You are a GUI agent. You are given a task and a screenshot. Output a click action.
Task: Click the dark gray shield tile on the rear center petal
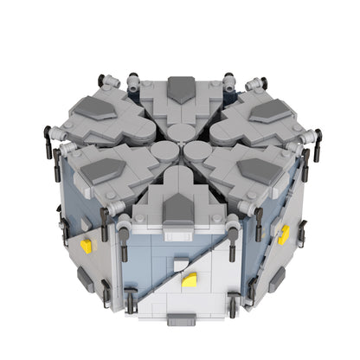(x=180, y=87)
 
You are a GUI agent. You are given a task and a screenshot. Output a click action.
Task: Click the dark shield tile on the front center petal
(x=180, y=206)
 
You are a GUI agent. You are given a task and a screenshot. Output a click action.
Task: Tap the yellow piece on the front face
(x=190, y=280)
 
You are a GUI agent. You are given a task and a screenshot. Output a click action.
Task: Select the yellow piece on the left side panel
(x=86, y=247)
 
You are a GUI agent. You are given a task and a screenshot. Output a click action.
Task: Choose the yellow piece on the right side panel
(x=284, y=235)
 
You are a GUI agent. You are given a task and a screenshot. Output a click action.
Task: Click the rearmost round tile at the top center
(x=180, y=132)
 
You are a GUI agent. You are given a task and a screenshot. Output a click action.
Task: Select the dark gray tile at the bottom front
(x=183, y=318)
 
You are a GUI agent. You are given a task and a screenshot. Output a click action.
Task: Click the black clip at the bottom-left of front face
(x=130, y=300)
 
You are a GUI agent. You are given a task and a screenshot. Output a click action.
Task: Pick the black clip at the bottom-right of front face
(x=234, y=303)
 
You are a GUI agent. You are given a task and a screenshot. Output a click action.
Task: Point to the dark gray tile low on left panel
(x=83, y=277)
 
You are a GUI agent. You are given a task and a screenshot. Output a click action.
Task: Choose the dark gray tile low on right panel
(x=277, y=279)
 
